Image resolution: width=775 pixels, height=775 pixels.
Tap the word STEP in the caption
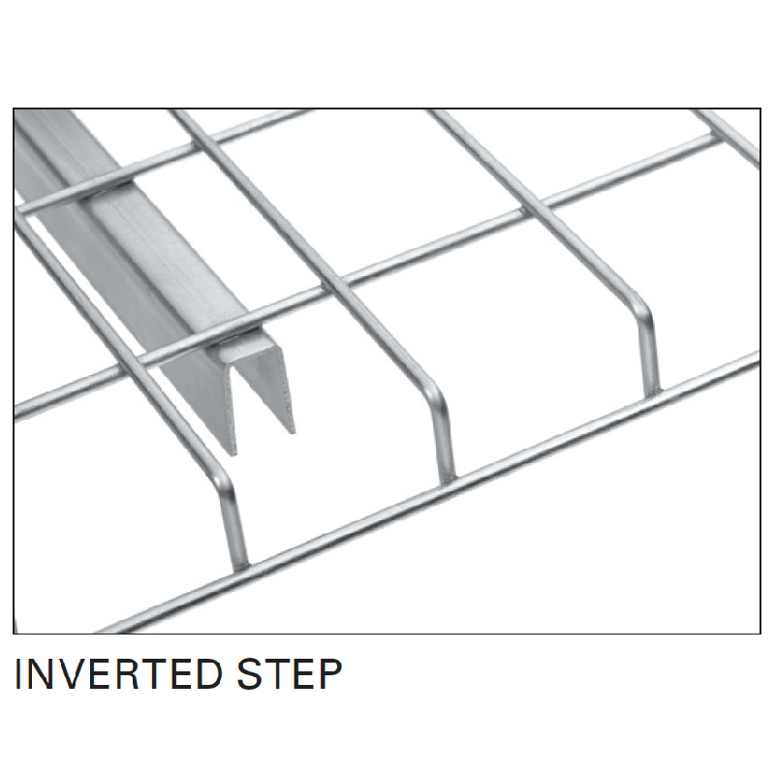pyautogui.click(x=290, y=673)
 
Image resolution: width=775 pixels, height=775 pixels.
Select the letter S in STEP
pyautogui.click(x=251, y=673)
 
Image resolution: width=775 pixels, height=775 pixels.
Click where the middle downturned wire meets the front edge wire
pyautogui.click(x=448, y=480)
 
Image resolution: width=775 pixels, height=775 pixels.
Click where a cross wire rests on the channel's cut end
pyautogui.click(x=242, y=333)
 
